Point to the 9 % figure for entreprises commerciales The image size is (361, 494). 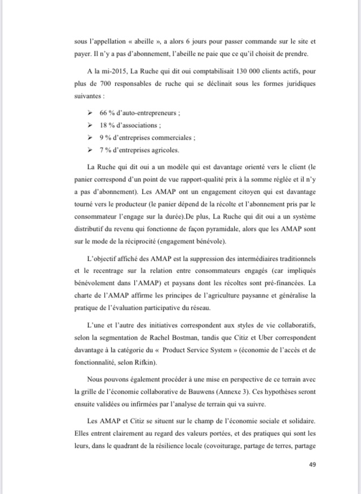point(105,137)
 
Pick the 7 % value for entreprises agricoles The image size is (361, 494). point(105,150)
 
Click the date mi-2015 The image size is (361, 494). point(107,73)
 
